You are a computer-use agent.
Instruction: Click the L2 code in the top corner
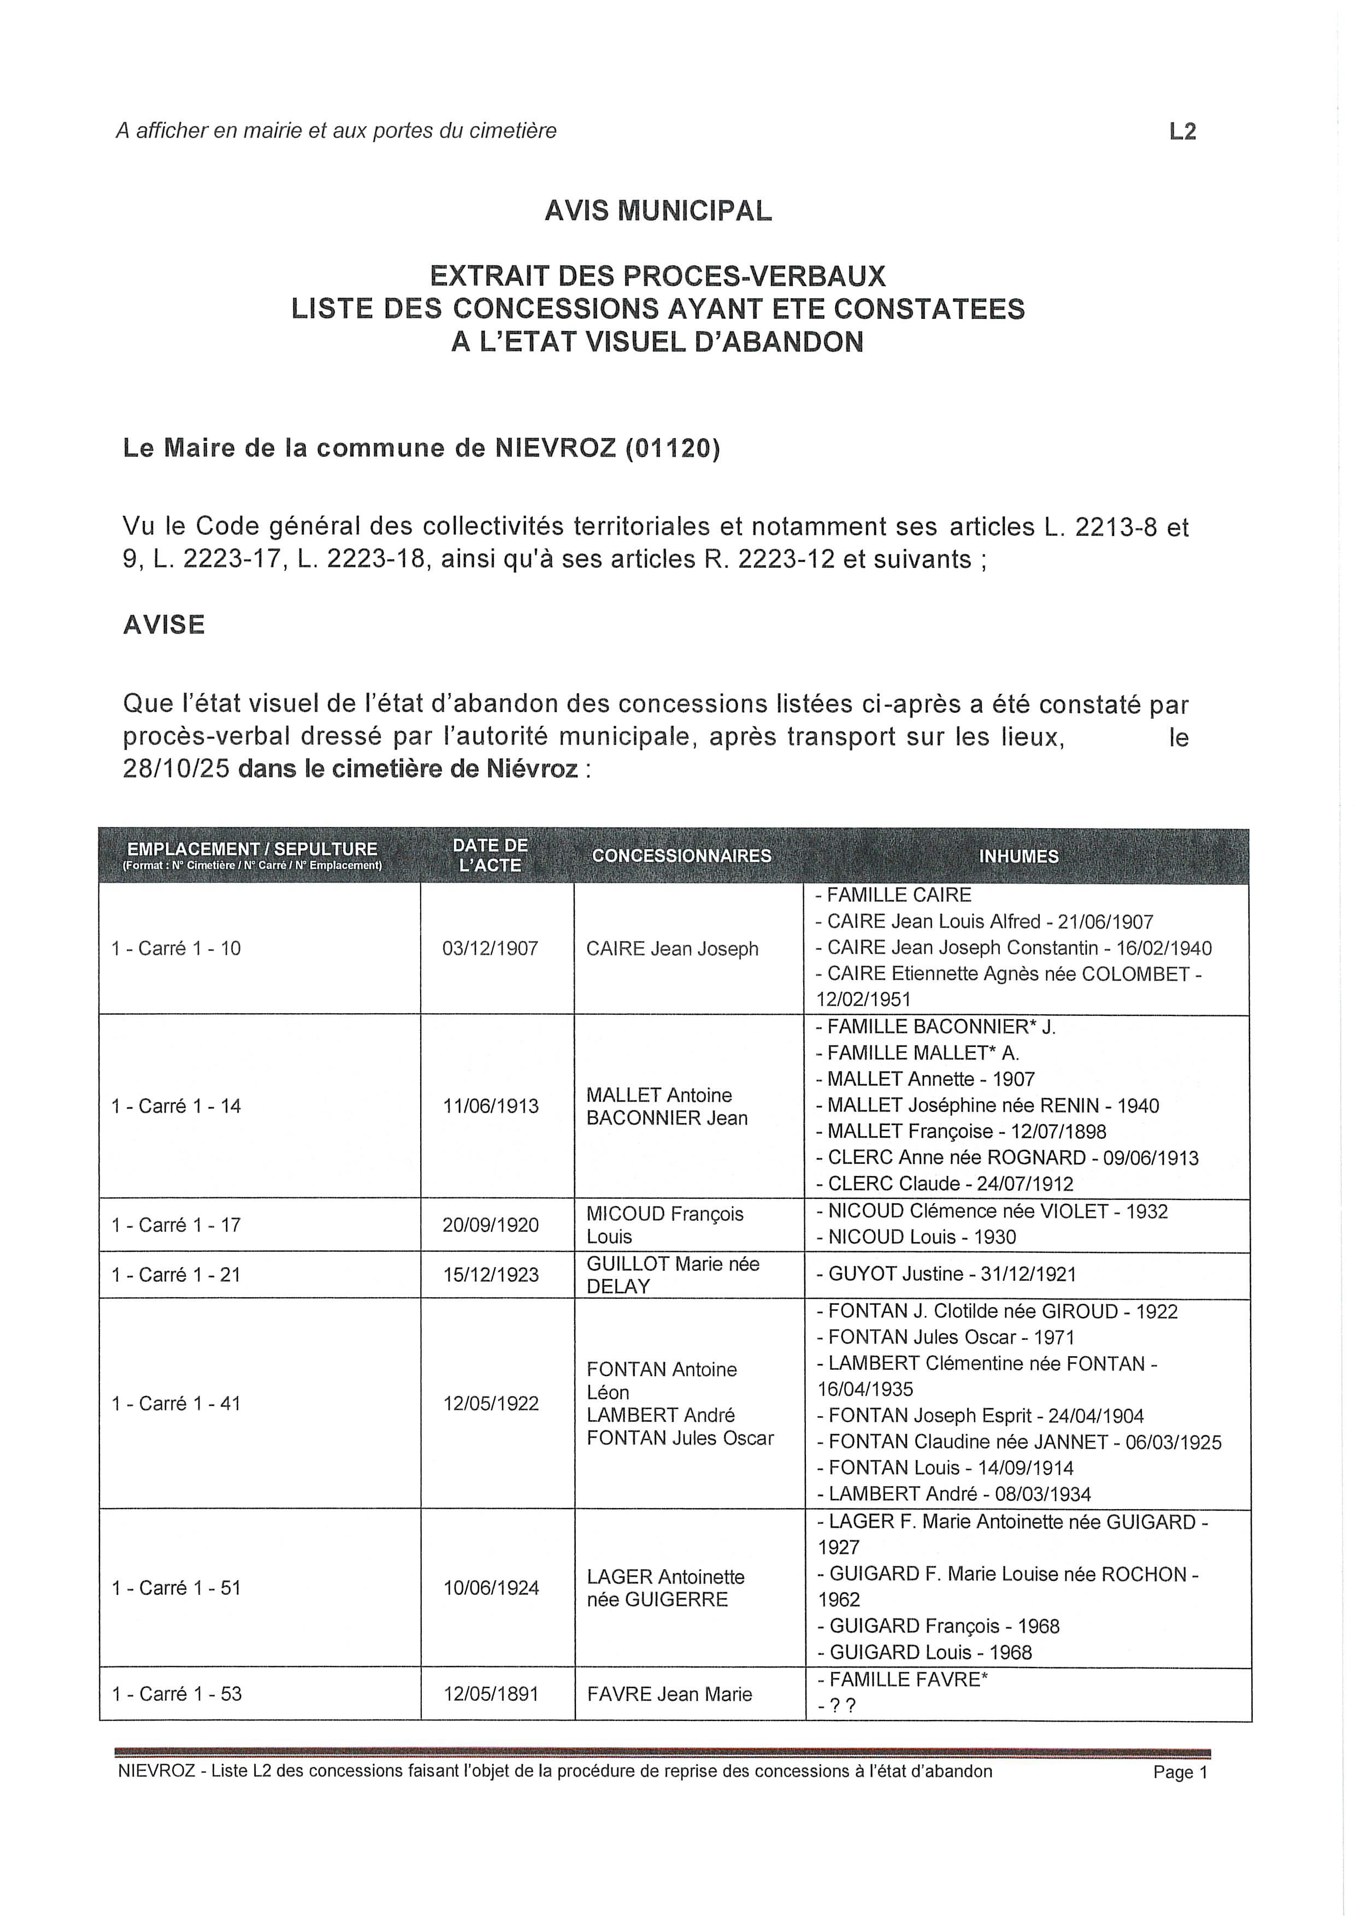(x=1182, y=132)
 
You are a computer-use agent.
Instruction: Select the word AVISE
(x=163, y=625)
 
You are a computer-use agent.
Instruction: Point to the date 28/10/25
(x=175, y=768)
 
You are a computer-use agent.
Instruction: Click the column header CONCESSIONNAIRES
(x=681, y=856)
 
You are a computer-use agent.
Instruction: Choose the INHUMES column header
(x=1018, y=856)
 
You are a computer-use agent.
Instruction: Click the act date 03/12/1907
(x=490, y=949)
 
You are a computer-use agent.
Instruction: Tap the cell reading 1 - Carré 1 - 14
(x=176, y=1107)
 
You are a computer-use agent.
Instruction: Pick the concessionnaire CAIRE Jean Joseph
(x=672, y=949)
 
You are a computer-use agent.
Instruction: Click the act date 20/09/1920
(x=490, y=1225)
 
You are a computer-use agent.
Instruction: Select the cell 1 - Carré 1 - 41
(x=176, y=1404)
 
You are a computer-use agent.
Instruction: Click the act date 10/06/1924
(x=491, y=1588)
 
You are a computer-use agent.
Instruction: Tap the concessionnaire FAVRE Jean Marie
(x=669, y=1694)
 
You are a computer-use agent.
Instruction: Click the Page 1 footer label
(x=1180, y=1772)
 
